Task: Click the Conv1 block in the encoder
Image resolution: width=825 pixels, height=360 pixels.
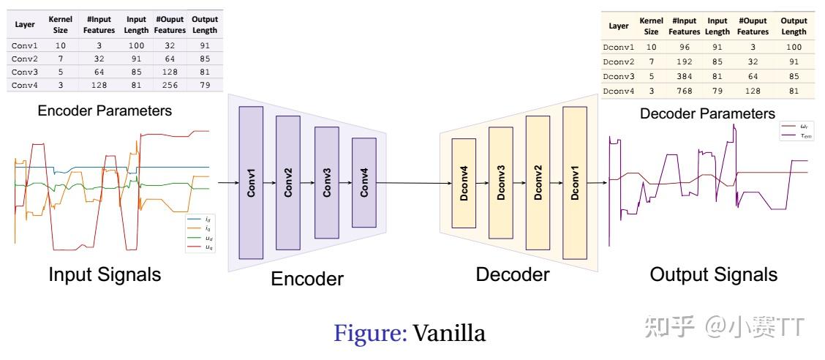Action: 250,182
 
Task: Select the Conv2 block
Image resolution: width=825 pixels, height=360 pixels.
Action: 287,182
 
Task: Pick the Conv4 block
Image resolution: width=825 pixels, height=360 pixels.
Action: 363,183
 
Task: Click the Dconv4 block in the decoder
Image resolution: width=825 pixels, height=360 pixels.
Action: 464,182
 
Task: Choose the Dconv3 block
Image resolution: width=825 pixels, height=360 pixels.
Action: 501,183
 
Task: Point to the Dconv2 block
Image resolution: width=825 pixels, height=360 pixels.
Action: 538,183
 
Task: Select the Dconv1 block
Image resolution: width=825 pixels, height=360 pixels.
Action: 575,182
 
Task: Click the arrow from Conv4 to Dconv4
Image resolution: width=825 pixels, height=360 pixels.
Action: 413,183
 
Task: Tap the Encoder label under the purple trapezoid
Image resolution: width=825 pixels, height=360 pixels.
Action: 306,279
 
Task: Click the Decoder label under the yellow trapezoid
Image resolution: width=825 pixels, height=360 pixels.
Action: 512,275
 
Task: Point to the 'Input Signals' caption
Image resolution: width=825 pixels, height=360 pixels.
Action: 105,275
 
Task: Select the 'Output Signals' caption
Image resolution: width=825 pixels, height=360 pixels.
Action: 713,275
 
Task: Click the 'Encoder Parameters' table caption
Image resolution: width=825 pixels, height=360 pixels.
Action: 105,111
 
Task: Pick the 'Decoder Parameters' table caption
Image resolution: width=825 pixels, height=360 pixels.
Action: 707,114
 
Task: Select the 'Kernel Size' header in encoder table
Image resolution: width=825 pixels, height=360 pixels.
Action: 60,24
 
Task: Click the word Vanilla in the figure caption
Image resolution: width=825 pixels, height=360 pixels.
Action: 449,334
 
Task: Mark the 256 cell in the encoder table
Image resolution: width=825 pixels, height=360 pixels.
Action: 169,85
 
